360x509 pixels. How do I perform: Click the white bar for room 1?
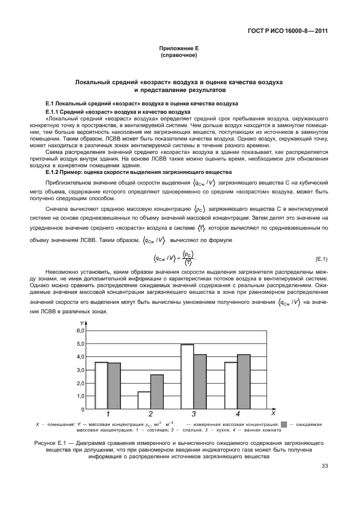point(101,385)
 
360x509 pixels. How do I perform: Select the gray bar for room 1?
point(114,386)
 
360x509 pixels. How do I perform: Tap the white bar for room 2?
point(144,400)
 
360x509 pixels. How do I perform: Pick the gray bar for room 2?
point(157,391)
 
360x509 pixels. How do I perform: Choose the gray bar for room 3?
point(200,381)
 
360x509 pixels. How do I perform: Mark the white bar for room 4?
point(231,385)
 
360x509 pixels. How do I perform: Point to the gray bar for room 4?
point(244,381)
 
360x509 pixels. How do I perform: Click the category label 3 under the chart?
point(193,414)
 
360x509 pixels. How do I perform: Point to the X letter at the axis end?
point(273,414)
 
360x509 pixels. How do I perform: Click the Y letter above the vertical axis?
point(82,323)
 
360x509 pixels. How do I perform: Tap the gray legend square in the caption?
point(284,424)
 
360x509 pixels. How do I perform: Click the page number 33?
point(323,467)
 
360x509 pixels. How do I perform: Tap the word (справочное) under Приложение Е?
point(179,56)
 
